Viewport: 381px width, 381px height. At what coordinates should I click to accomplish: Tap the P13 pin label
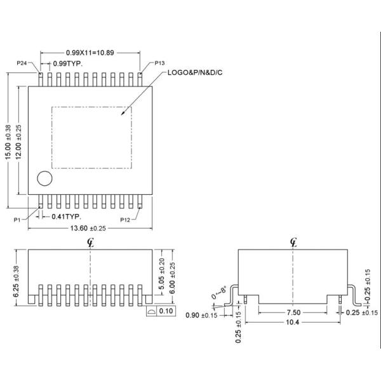coord(159,63)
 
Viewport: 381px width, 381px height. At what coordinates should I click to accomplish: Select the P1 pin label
coord(18,219)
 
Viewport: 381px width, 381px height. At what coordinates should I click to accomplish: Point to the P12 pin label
coord(125,219)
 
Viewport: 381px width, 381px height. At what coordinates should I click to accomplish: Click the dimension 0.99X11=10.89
coord(90,51)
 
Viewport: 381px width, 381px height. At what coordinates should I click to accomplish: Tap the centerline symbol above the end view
coord(293,241)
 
